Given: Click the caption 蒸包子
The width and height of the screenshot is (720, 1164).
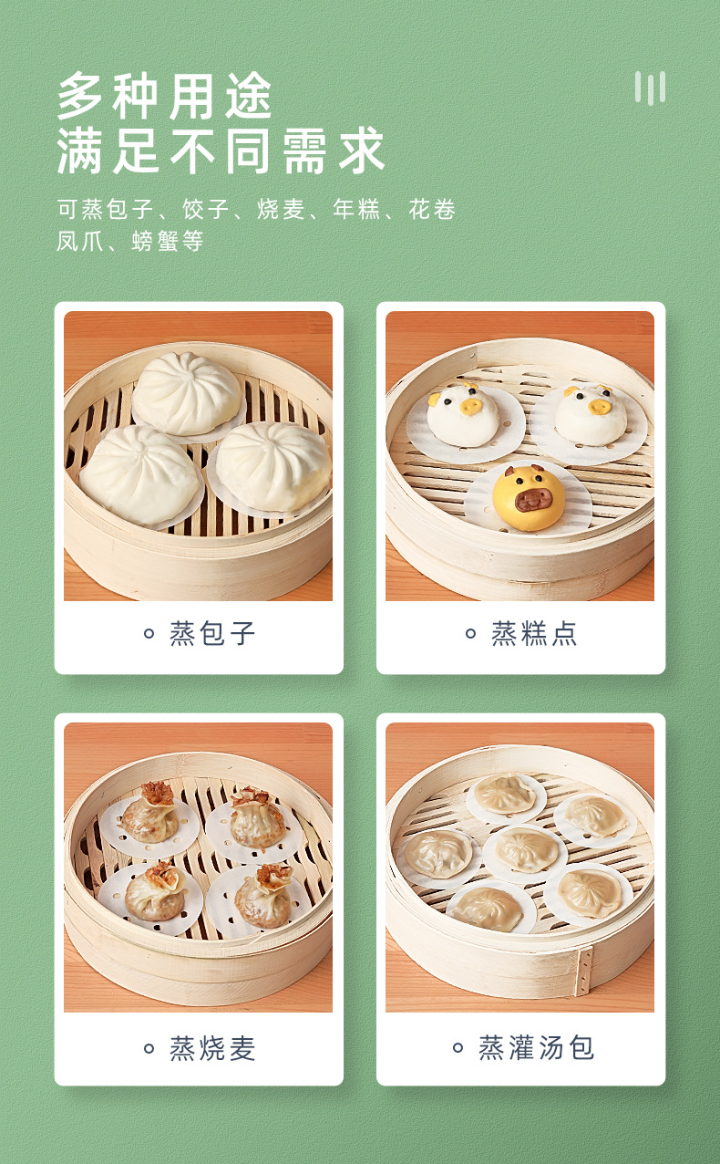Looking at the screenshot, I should (x=212, y=633).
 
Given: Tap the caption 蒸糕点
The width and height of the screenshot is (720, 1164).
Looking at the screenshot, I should (x=534, y=633).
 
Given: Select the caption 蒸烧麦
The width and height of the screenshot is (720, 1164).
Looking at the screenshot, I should (x=212, y=1048).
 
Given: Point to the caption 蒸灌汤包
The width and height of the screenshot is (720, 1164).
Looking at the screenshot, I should (x=537, y=1047).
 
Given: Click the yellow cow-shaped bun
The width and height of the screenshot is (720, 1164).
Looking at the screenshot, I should (x=529, y=498).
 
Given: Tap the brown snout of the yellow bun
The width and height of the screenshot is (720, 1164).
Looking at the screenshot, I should (x=534, y=500).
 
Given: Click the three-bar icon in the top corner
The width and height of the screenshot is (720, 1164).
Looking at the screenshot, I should (x=650, y=88).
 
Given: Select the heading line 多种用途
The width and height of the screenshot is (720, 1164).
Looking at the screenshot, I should (x=165, y=96).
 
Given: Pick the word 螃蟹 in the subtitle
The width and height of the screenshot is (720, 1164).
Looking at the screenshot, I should (x=156, y=242).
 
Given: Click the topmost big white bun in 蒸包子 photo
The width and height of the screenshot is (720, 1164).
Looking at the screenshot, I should (x=187, y=392).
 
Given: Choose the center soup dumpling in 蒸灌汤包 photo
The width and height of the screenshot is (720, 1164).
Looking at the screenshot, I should (x=526, y=849).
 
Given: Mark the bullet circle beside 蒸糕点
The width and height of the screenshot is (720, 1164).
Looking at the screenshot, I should (x=471, y=634).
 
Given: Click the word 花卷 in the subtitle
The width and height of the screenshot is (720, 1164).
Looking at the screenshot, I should (x=432, y=211).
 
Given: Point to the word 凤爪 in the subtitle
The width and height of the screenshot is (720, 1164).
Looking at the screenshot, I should (x=80, y=242).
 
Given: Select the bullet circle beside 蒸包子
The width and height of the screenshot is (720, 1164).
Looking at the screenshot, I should (x=149, y=634).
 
